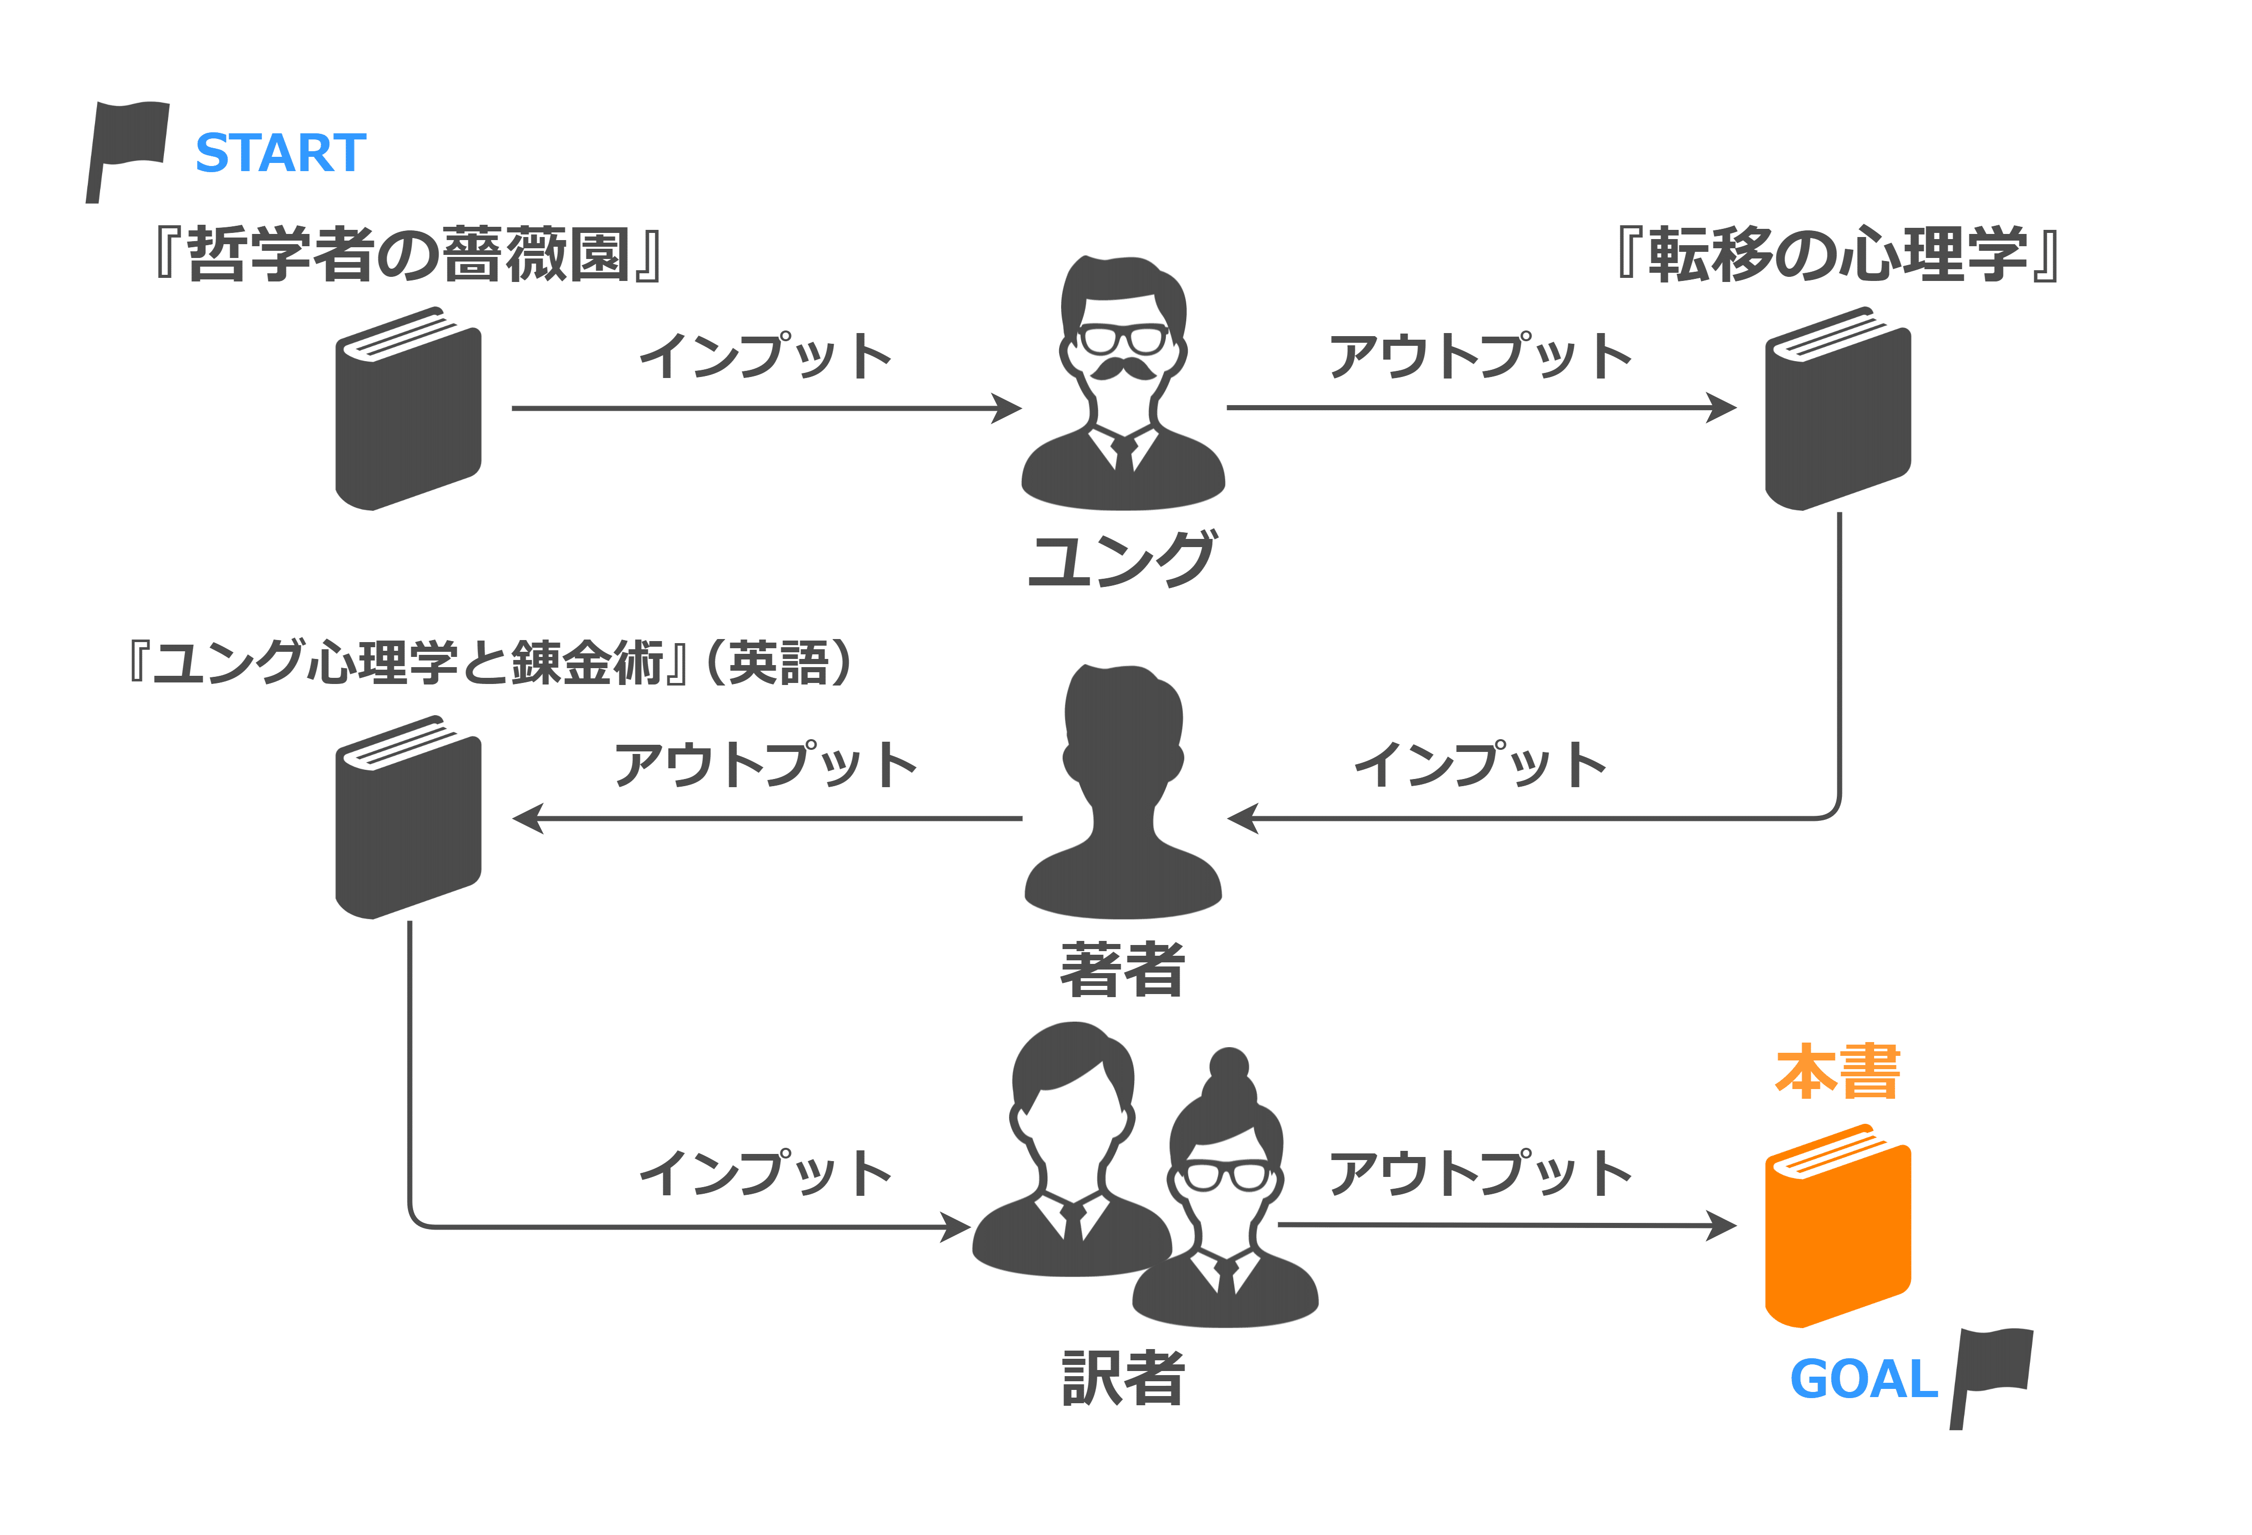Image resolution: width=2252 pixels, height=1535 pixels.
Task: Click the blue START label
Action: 281,153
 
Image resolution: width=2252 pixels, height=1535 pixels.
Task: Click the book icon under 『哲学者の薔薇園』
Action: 408,408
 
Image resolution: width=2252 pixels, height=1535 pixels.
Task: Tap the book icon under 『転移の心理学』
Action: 1837,408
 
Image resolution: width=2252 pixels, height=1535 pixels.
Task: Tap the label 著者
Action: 1122,969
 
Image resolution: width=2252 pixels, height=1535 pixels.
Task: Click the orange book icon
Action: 1837,1225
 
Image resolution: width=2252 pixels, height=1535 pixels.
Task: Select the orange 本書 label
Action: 1838,1072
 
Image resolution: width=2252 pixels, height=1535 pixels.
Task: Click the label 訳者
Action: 1122,1378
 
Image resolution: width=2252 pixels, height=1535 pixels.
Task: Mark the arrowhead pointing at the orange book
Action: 1722,1226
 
